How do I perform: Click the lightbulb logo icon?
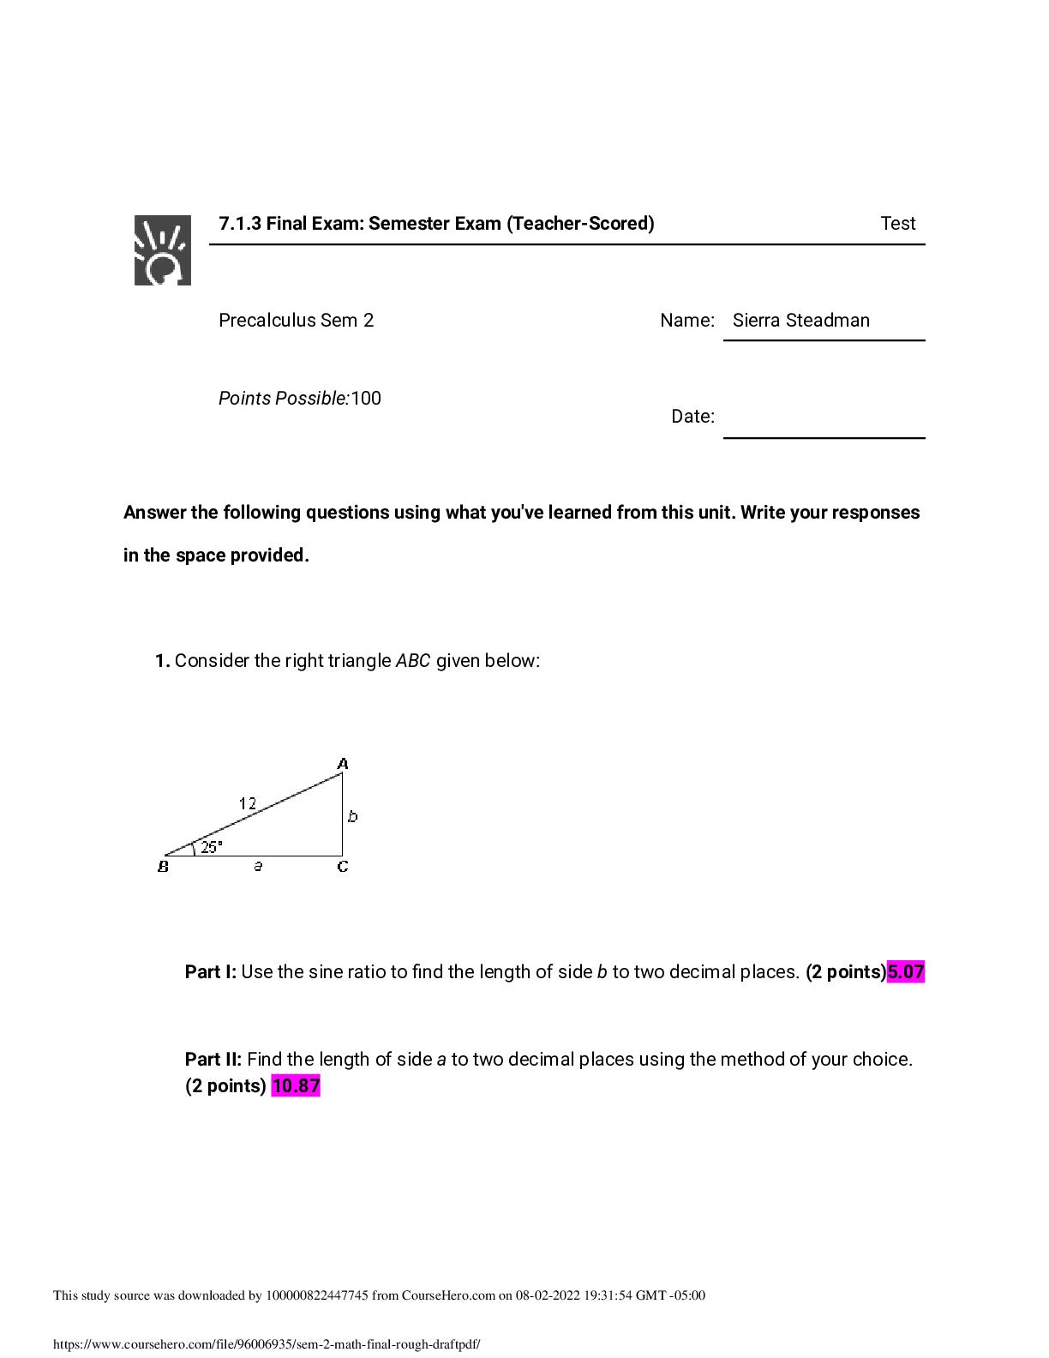(x=162, y=249)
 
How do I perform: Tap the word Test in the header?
(x=897, y=224)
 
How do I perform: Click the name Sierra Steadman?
(x=800, y=321)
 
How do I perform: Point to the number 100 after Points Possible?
(x=366, y=399)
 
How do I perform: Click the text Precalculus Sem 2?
(x=296, y=321)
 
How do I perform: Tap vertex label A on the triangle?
(x=343, y=763)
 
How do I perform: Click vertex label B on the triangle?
(x=163, y=867)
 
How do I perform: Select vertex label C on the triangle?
(x=343, y=867)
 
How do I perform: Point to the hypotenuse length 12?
(x=247, y=803)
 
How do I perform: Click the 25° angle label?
(x=211, y=847)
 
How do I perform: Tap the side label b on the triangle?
(x=353, y=816)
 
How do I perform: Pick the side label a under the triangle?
(x=258, y=867)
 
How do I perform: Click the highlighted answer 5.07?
(x=906, y=972)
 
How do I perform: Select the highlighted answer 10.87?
(x=296, y=1086)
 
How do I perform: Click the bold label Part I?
(x=210, y=972)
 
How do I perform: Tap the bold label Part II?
(x=213, y=1060)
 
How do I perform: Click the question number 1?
(x=162, y=661)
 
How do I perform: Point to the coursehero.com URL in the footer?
(x=267, y=1344)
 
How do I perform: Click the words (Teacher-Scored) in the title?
(x=580, y=224)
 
